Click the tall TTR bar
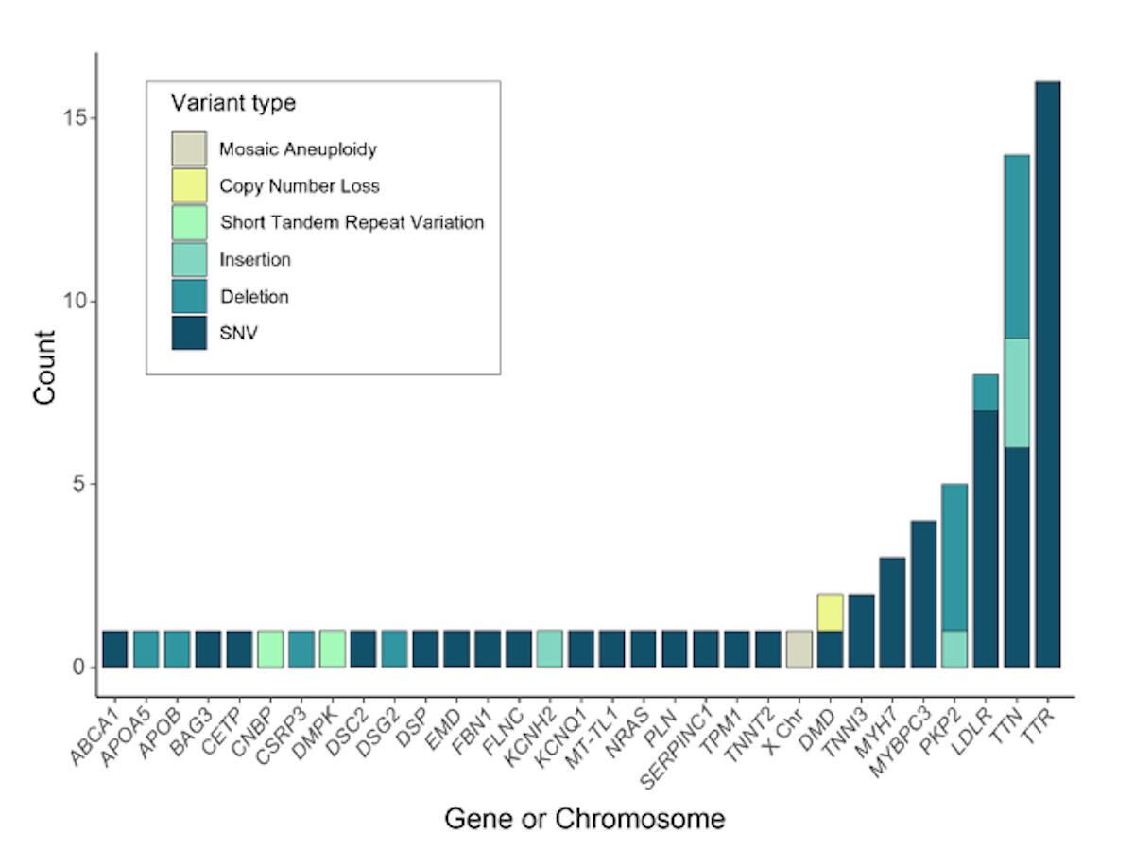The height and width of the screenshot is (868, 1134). tap(1048, 374)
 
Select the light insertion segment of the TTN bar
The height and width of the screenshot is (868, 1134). tap(1017, 393)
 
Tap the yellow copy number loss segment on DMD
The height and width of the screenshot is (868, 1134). tap(831, 613)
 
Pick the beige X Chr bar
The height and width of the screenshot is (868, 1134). tap(799, 650)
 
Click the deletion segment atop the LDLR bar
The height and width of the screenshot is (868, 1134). tap(986, 393)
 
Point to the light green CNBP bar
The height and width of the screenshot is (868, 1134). tap(270, 650)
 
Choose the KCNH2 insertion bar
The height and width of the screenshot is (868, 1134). tap(550, 650)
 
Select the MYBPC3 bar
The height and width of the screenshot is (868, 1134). tap(923, 595)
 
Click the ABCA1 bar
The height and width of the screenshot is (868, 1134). tap(115, 650)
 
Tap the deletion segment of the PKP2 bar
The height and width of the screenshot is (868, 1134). tap(954, 557)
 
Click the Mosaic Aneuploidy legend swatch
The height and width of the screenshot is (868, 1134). tap(190, 148)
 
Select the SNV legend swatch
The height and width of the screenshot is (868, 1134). tap(190, 333)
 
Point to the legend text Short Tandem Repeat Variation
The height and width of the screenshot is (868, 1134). tap(352, 222)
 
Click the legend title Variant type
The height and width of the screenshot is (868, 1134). tap(233, 103)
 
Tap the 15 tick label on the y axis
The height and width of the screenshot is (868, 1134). tap(73, 118)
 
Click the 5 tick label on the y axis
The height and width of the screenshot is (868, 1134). tap(78, 484)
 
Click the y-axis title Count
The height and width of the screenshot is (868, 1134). tap(44, 368)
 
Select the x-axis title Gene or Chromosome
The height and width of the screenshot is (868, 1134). tap(585, 820)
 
